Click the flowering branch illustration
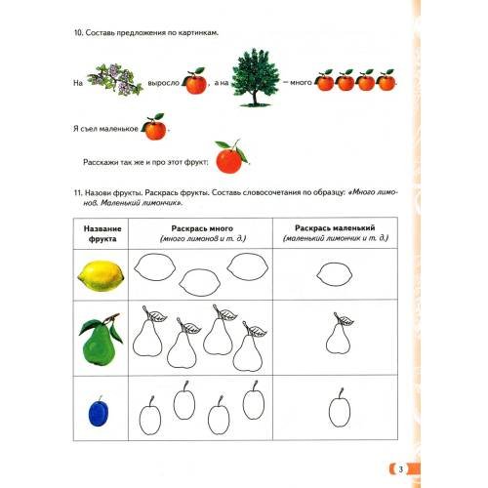[115, 79]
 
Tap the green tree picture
[256, 77]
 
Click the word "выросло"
[164, 83]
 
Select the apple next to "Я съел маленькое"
[154, 127]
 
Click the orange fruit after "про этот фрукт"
[231, 157]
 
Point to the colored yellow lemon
[101, 276]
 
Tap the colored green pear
[101, 339]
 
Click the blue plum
[99, 412]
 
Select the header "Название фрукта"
[102, 233]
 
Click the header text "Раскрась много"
[202, 228]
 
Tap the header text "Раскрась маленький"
[335, 228]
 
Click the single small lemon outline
[335, 274]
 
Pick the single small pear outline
[339, 333]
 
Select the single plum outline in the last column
[340, 408]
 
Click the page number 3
[401, 469]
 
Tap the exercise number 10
[78, 33]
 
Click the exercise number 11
[78, 193]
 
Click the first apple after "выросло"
[194, 81]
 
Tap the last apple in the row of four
[386, 80]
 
